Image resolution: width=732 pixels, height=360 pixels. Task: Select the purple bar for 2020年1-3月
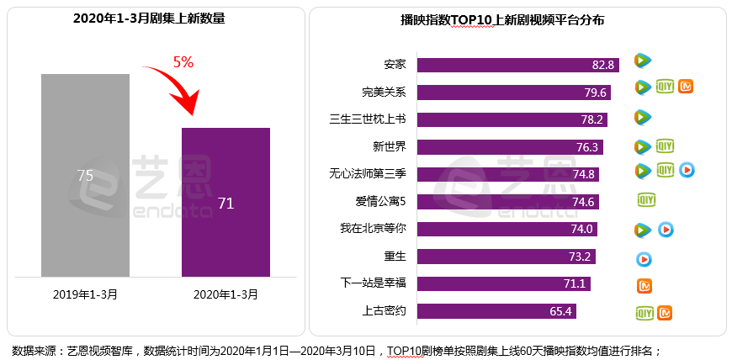click(225, 202)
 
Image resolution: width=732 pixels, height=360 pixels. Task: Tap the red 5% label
click(183, 62)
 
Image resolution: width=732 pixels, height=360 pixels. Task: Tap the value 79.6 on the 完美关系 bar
click(598, 92)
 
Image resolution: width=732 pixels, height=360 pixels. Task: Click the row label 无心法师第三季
click(368, 174)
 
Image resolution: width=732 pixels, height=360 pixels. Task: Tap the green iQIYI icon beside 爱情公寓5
click(645, 200)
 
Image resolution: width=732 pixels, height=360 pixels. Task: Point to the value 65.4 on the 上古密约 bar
click(561, 312)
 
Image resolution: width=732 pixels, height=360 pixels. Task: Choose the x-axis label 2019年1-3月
click(86, 294)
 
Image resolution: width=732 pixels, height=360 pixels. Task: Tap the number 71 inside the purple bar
click(225, 203)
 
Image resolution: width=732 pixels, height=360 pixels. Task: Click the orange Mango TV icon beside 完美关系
click(687, 87)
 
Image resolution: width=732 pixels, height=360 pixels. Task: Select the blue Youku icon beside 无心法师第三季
click(687, 171)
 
